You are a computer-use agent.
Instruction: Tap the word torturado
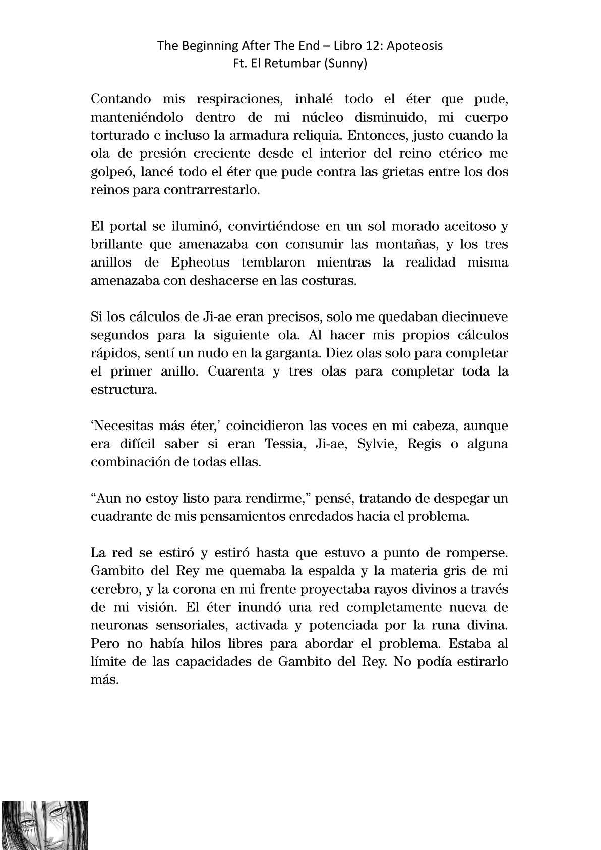pyautogui.click(x=115, y=135)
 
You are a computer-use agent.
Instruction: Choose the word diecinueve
pyautogui.click(x=474, y=317)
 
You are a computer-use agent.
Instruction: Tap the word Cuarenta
pyautogui.click(x=235, y=371)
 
